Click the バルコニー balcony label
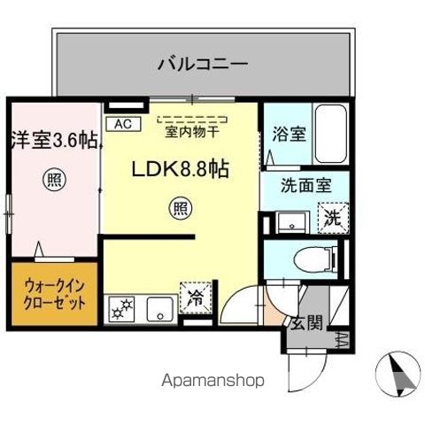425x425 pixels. pos(202,63)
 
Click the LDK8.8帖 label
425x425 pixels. pos(181,168)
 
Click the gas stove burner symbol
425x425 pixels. pos(120,309)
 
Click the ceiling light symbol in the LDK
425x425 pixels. pos(179,210)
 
